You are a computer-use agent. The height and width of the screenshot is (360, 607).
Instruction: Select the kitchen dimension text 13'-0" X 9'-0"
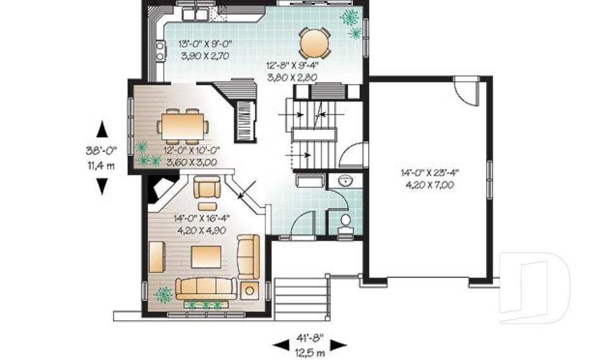coord(206,46)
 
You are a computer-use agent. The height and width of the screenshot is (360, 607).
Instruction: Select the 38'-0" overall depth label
coord(101,151)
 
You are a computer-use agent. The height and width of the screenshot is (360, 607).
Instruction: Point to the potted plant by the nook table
coord(349,18)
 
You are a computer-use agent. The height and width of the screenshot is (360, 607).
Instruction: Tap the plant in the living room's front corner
coord(164,294)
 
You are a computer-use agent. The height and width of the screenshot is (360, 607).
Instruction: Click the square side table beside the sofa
coord(250,290)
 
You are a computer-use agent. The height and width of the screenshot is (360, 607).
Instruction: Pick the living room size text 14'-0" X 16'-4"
coord(201,217)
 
